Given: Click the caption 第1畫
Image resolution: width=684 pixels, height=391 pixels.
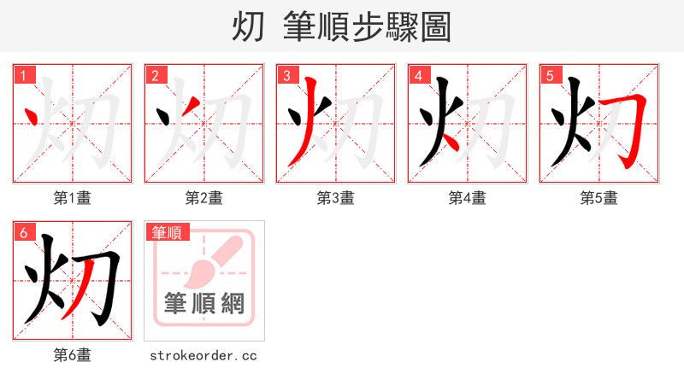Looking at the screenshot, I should tap(73, 198).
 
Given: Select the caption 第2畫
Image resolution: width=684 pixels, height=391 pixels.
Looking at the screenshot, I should tap(204, 198).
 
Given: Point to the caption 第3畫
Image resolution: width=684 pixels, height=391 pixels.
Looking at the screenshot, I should tap(336, 198).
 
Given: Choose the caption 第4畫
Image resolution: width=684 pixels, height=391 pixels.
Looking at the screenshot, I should tap(468, 198).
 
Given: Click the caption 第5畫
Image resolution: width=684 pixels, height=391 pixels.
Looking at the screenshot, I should tap(599, 198).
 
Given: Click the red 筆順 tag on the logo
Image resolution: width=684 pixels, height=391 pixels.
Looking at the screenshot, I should tap(168, 232).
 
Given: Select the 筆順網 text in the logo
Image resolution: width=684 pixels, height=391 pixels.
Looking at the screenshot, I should tap(204, 304).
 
